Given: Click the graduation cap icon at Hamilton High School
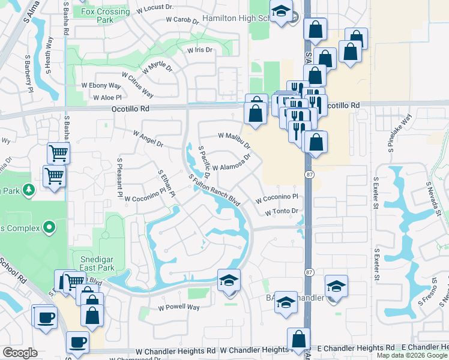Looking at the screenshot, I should (x=280, y=12).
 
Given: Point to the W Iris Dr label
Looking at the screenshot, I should (x=199, y=50).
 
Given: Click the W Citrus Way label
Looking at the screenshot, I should (x=137, y=85).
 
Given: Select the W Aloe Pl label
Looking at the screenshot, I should (x=107, y=97).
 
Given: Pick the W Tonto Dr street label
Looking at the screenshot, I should (x=282, y=211).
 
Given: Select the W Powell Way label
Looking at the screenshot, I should (x=178, y=307).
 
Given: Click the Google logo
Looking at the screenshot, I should (x=20, y=353).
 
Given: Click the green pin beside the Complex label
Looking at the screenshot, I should (x=49, y=227).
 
